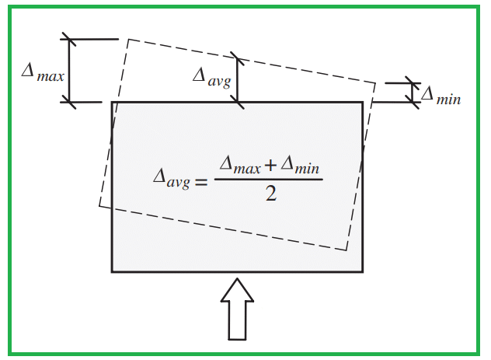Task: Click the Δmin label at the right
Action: (x=441, y=95)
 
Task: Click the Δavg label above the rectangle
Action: (x=212, y=79)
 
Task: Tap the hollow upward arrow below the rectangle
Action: (x=237, y=309)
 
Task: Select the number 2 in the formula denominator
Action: (x=271, y=194)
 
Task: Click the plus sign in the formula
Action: (x=270, y=165)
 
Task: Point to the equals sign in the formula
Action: (x=201, y=182)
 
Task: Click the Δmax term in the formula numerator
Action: (x=240, y=165)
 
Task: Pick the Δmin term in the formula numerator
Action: (x=300, y=165)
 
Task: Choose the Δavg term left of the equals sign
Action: (x=172, y=179)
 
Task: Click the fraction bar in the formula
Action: (x=268, y=180)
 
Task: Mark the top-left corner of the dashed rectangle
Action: (x=129, y=40)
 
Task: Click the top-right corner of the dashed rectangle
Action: (x=375, y=83)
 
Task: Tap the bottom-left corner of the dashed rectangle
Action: (x=99, y=206)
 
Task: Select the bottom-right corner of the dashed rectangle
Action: (x=346, y=250)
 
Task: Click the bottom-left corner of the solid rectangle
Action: (x=112, y=272)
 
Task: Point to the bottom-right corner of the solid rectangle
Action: (x=363, y=272)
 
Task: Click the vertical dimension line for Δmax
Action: (x=69, y=71)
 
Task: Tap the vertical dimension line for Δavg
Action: (x=237, y=80)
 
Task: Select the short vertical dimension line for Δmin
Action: (x=413, y=93)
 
